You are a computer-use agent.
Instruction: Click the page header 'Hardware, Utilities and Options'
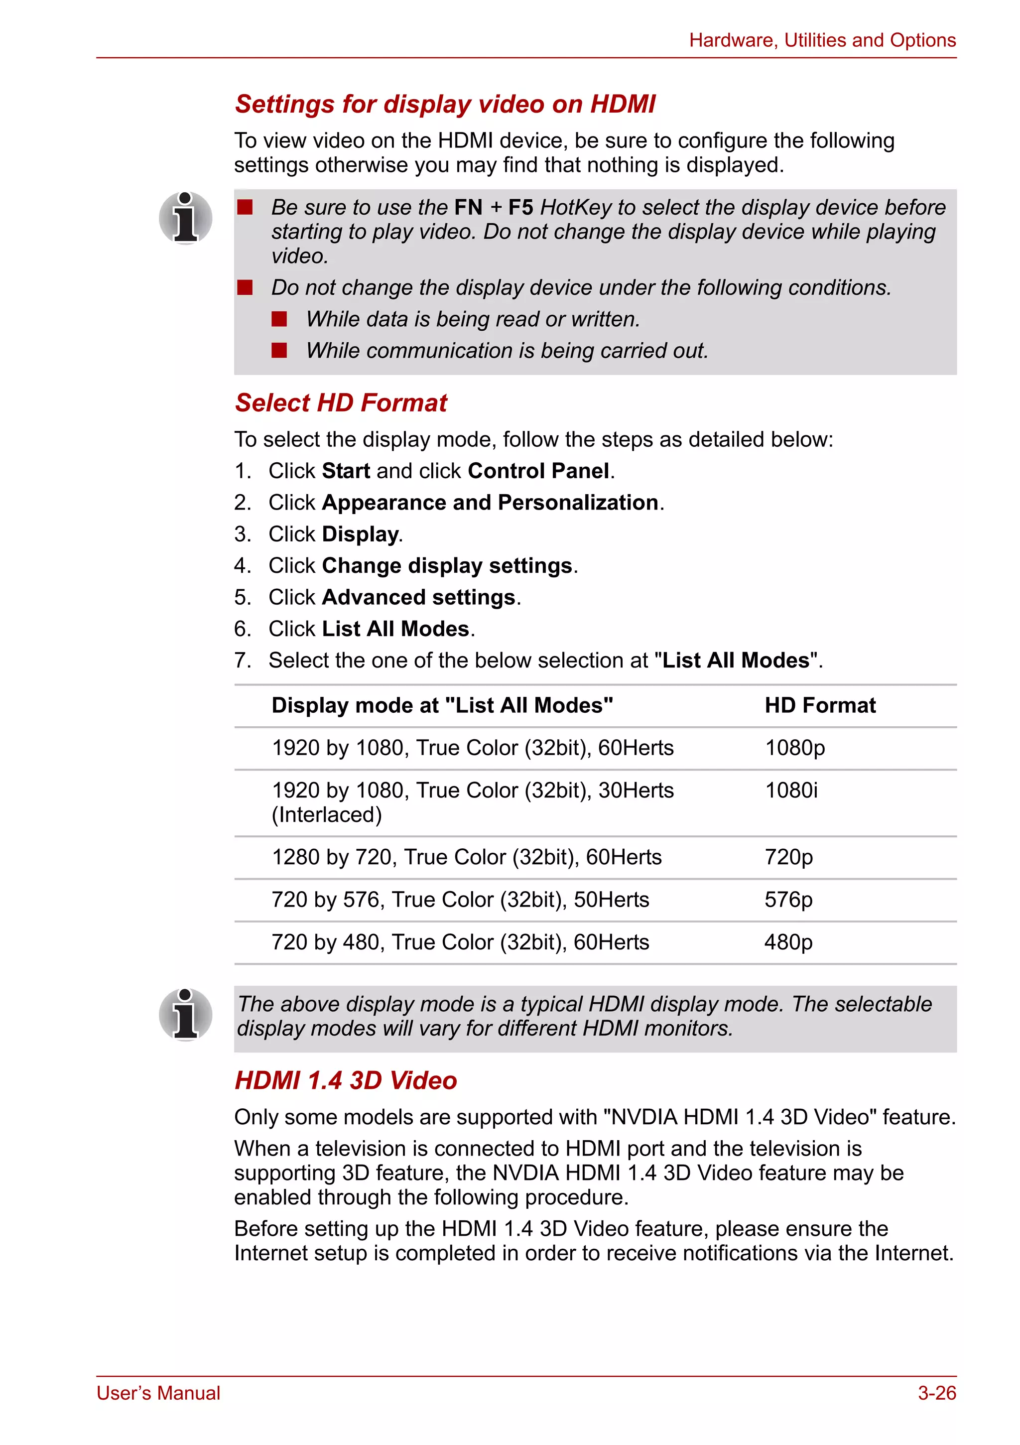pos(822,40)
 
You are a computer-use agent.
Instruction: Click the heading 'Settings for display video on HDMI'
pos(445,105)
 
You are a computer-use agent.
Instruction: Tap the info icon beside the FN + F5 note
pos(185,218)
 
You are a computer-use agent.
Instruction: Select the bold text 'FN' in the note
pos(468,207)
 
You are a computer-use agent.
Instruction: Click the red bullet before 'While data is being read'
pos(279,319)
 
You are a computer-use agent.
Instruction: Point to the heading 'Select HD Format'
pos(341,403)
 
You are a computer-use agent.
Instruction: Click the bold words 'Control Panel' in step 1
pos(538,471)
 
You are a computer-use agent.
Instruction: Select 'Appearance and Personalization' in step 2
pos(490,502)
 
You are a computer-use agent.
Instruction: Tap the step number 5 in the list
pos(242,597)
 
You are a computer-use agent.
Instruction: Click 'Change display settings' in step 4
pos(447,565)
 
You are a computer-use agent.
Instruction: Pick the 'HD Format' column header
pos(819,705)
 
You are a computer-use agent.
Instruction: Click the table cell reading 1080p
pos(794,748)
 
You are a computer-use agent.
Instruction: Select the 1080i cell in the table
pos(791,790)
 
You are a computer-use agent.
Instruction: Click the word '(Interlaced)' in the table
pos(327,814)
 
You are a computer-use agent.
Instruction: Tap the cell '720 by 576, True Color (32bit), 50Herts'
pos(460,900)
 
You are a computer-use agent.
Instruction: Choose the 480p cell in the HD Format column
pos(788,942)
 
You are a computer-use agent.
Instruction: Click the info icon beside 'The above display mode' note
pos(185,1015)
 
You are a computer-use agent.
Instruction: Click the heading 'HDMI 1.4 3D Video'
pos(346,1080)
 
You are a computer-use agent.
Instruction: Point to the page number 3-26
pos(936,1393)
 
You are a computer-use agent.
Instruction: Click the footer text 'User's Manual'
pos(158,1393)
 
